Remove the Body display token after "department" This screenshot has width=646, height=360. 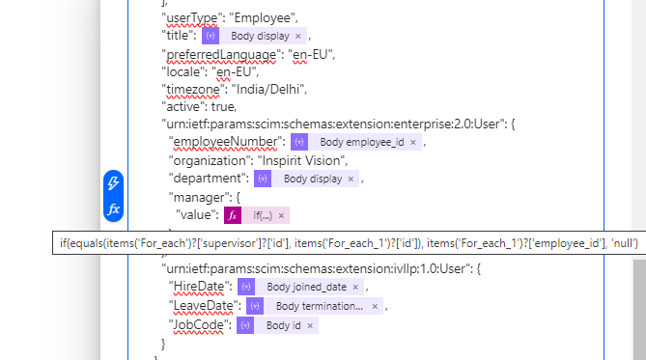(352, 179)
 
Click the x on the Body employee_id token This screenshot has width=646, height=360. (413, 143)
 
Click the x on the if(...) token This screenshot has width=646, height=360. (281, 215)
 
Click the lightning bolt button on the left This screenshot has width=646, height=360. (113, 182)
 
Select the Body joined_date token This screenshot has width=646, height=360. (308, 287)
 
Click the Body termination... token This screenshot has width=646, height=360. (319, 306)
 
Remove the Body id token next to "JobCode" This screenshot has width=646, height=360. (310, 325)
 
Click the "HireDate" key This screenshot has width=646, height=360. (200, 287)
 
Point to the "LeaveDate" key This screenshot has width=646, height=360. (204, 306)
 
